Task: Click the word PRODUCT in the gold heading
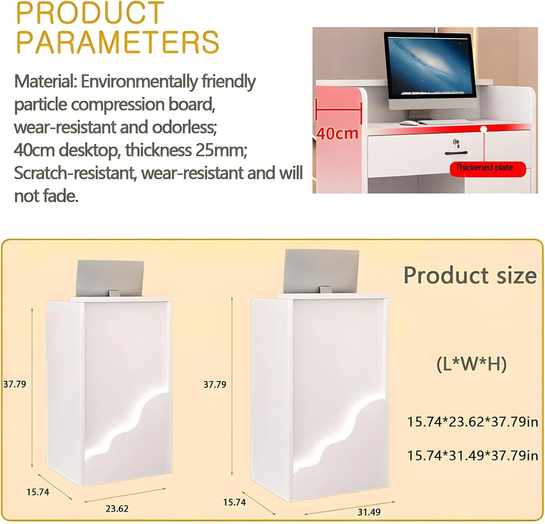(90, 13)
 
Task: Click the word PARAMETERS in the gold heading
(118, 42)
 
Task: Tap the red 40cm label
(337, 133)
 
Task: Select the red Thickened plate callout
(488, 169)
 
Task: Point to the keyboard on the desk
(445, 122)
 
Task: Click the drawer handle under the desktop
(456, 153)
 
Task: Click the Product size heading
(470, 275)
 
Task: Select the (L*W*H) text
(471, 364)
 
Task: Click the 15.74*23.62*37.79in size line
(472, 422)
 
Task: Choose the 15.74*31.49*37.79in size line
(472, 455)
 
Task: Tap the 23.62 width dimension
(117, 509)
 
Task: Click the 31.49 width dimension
(369, 512)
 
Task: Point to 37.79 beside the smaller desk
(15, 384)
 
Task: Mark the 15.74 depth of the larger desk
(234, 503)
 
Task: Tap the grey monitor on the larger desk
(321, 271)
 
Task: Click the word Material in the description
(45, 81)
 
